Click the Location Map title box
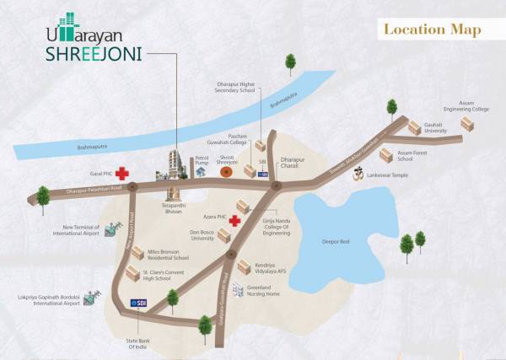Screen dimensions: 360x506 coord(432,30)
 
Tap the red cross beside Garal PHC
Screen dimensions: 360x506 coord(123,173)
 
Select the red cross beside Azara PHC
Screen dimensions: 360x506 coord(234,220)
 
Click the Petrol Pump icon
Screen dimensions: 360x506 coord(202,171)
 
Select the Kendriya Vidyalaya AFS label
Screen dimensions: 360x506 coord(273,266)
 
